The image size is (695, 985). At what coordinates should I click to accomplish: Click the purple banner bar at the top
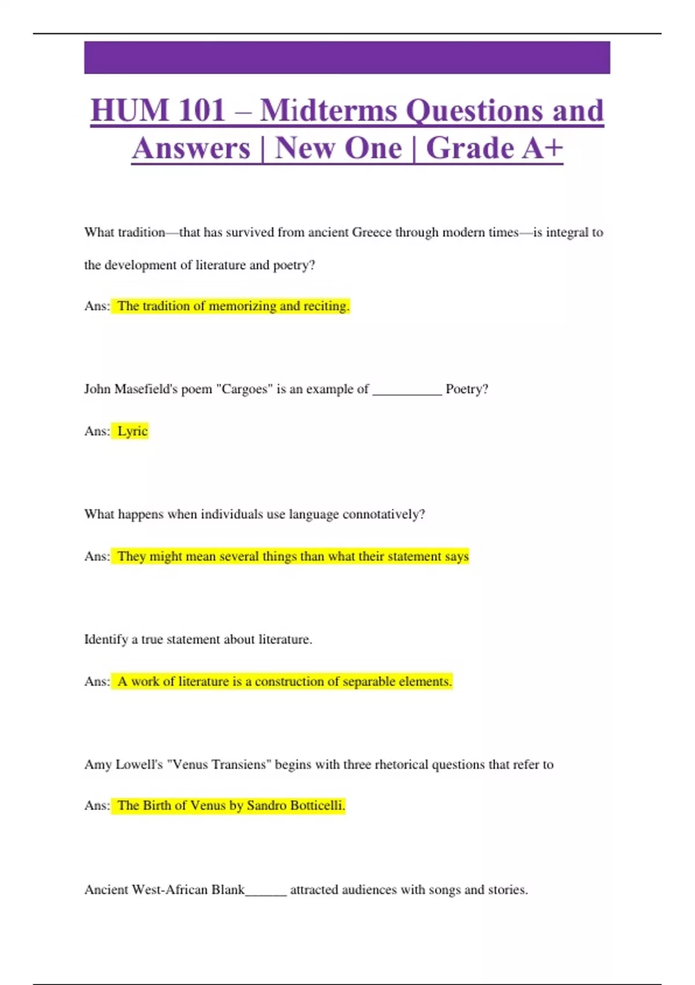[347, 57]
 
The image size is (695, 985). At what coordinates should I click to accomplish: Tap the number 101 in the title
[201, 110]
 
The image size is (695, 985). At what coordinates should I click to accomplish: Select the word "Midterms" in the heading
[328, 110]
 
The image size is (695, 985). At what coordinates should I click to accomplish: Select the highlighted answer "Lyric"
[132, 431]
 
